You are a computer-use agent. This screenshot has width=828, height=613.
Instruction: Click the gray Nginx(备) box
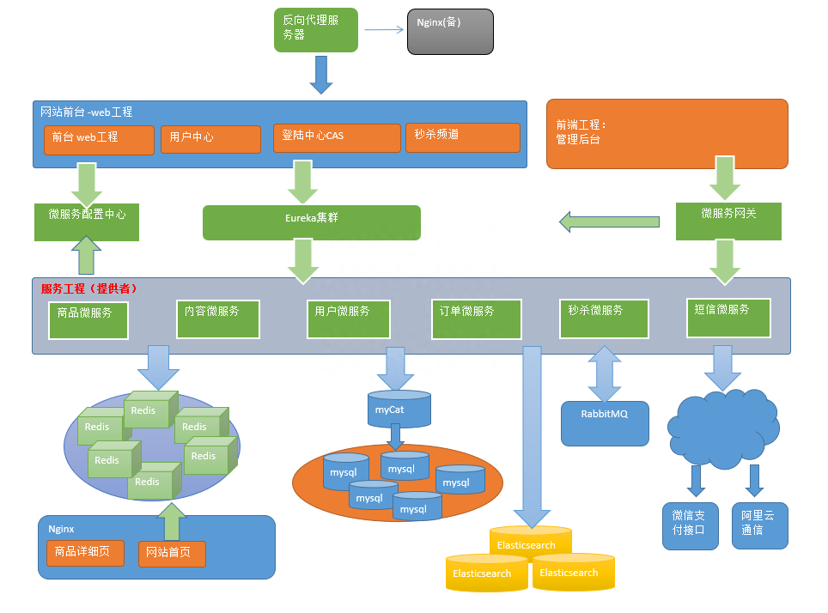click(x=450, y=32)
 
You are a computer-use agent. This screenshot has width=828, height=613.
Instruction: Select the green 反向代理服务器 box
click(x=316, y=30)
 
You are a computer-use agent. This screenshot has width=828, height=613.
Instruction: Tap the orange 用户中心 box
click(x=210, y=139)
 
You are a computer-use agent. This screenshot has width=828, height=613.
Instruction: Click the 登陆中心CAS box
click(x=337, y=138)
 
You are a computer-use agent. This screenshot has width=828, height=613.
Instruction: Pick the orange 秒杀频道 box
click(x=462, y=137)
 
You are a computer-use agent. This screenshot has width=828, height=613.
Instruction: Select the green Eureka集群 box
click(x=311, y=222)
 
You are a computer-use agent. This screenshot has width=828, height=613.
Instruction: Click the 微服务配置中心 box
click(x=87, y=222)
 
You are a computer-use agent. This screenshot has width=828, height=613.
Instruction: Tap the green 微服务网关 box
click(x=728, y=222)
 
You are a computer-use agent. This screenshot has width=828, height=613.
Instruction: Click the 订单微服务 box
click(x=476, y=319)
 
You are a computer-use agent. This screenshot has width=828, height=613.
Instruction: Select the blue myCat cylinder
click(x=399, y=410)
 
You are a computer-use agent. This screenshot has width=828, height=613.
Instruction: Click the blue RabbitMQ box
click(x=605, y=423)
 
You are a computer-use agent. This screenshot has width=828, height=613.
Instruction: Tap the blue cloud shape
click(x=721, y=428)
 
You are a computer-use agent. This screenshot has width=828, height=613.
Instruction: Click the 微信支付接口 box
click(x=690, y=525)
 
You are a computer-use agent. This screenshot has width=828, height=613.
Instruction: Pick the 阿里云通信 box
click(x=759, y=525)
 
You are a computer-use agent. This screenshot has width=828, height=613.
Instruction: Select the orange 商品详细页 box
click(x=85, y=553)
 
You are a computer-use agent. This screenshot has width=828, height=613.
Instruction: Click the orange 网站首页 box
click(x=172, y=554)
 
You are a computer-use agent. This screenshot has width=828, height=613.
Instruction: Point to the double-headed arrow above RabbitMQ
click(x=605, y=373)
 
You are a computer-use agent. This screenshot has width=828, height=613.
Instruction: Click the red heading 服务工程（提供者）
click(x=89, y=288)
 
